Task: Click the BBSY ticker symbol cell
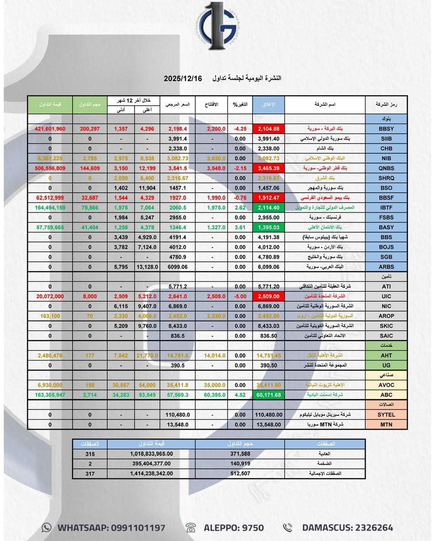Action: click(x=386, y=129)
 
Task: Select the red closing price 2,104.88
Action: click(x=268, y=129)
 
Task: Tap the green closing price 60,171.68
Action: click(x=268, y=395)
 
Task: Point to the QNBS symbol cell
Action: click(x=386, y=168)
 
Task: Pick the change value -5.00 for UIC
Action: click(x=240, y=296)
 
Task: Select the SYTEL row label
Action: click(x=386, y=414)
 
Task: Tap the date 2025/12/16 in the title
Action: click(x=183, y=79)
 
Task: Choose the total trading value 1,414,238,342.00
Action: click(x=151, y=473)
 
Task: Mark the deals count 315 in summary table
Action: click(x=90, y=454)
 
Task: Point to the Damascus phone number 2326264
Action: click(x=369, y=528)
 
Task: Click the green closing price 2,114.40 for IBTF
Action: click(x=268, y=208)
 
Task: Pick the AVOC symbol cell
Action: click(x=386, y=385)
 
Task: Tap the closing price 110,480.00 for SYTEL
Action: click(x=268, y=414)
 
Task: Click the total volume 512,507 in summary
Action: click(x=240, y=473)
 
